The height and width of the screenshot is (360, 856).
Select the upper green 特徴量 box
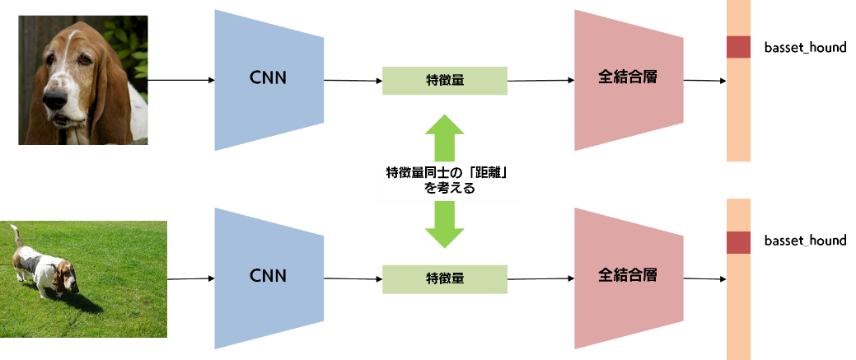click(445, 81)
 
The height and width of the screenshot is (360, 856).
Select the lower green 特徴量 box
click(445, 279)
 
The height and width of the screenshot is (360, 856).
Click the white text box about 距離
click(450, 181)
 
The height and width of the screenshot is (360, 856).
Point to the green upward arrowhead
click(445, 124)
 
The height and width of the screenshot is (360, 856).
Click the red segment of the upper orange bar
click(739, 47)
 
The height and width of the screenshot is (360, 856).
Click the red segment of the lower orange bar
click(739, 243)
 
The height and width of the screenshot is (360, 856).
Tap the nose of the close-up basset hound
click(55, 100)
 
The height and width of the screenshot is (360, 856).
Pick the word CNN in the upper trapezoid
click(269, 79)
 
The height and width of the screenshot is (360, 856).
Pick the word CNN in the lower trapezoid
click(269, 276)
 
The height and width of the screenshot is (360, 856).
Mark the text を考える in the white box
click(450, 189)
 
